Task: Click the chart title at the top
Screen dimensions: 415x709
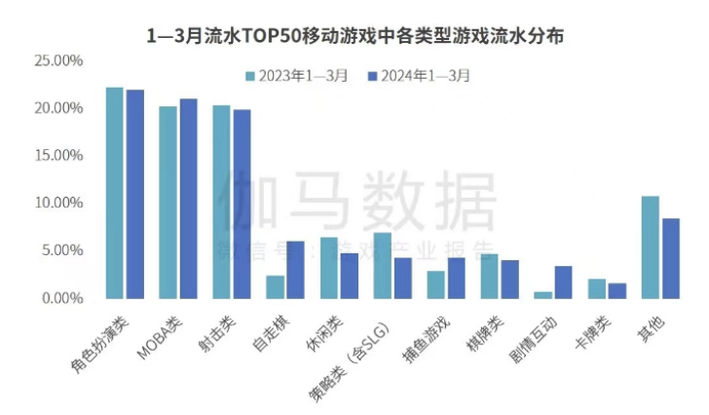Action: point(354,37)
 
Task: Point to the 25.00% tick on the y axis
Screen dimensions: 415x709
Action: point(59,60)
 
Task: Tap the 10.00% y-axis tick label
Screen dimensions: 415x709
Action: point(59,203)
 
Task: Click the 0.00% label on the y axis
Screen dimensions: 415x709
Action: point(62,297)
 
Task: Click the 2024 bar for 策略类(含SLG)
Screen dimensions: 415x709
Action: point(402,278)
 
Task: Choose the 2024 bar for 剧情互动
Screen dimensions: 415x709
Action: point(563,282)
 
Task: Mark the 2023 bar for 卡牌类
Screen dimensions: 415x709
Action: point(597,288)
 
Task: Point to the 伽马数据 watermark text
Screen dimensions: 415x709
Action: point(355,202)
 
